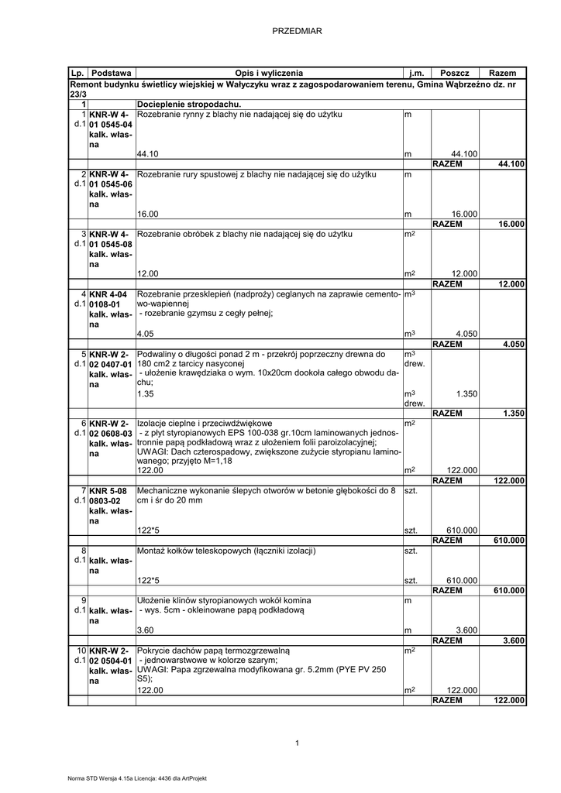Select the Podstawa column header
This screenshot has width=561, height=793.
coord(112,72)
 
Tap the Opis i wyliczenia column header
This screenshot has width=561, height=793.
coord(270,72)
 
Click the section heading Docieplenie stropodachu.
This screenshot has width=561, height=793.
coord(189,104)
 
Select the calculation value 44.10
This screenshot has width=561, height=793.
coord(147,154)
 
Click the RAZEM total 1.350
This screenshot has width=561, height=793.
coord(514,414)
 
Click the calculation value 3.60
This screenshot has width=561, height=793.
coord(145,630)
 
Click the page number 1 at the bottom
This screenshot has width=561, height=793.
coord(297,743)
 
